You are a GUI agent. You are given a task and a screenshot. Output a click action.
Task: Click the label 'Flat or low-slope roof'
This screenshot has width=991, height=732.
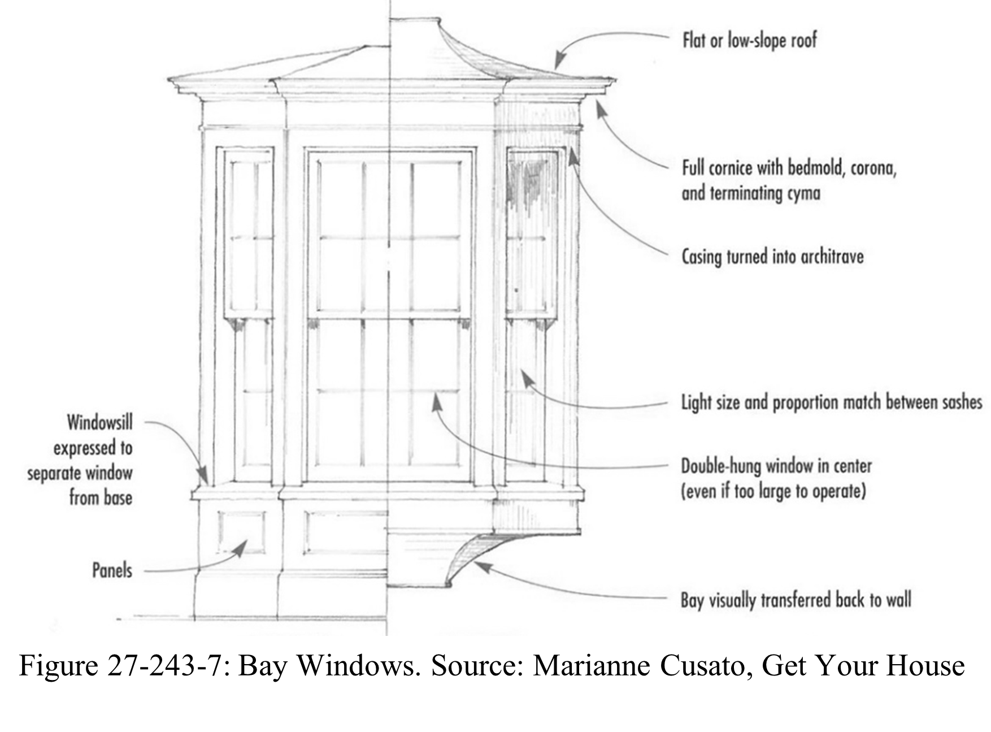pyautogui.click(x=749, y=41)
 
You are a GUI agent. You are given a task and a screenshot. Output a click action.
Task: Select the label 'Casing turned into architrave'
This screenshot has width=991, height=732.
pyautogui.click(x=772, y=257)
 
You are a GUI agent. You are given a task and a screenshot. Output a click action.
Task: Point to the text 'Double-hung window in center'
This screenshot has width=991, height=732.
pyautogui.click(x=776, y=466)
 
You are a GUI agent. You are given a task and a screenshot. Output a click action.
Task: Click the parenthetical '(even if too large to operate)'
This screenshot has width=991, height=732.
pyautogui.click(x=773, y=491)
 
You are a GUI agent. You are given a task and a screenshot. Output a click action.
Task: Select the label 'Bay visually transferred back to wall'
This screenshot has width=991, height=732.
pyautogui.click(x=796, y=600)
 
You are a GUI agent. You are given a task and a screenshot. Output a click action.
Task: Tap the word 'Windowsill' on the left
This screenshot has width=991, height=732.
pyautogui.click(x=99, y=422)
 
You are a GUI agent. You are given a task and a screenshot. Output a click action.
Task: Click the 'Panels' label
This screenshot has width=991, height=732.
pyautogui.click(x=112, y=570)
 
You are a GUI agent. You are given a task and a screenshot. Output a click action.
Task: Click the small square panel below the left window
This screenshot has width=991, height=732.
pyautogui.click(x=242, y=532)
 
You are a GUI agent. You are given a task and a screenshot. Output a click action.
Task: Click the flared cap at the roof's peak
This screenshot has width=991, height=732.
pyautogui.click(x=415, y=21)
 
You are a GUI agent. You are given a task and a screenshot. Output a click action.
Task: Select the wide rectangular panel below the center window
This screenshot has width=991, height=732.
pyautogui.click(x=345, y=532)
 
